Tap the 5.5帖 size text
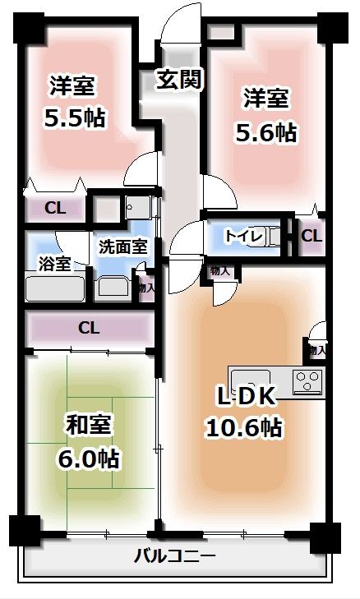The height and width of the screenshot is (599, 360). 74,117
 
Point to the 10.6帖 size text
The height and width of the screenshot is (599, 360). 243,428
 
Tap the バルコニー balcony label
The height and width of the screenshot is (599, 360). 175,556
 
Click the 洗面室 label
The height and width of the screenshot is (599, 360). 123,245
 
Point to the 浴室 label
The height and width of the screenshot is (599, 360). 53,263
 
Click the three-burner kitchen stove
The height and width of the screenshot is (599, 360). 308,382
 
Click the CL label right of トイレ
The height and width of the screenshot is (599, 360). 312,236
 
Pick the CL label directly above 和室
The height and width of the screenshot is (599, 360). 89,328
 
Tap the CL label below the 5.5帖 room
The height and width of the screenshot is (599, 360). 55,208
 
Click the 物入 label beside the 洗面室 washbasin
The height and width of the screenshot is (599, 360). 146,288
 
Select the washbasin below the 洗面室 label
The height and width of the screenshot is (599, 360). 113,288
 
